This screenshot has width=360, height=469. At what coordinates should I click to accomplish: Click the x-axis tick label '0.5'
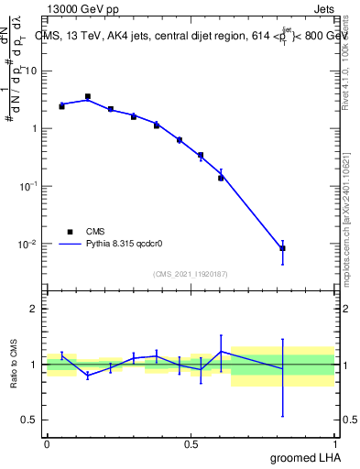(x=191, y=443)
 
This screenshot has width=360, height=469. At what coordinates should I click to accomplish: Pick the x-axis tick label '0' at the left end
(x=46, y=443)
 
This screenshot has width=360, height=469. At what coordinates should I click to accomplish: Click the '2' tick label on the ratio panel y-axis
(x=32, y=310)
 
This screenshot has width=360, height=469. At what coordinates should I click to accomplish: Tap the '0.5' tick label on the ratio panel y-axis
(x=27, y=420)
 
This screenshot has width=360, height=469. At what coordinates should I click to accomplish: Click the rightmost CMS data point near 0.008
(x=283, y=248)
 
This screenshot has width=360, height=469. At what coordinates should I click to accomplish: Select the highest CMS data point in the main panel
(x=88, y=96)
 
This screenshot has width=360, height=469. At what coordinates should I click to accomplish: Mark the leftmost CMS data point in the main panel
(x=61, y=106)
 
